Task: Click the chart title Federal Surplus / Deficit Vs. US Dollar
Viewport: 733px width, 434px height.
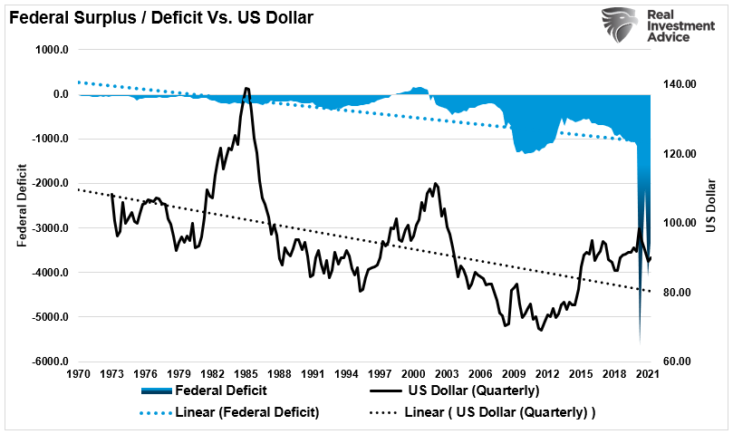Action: click(x=160, y=16)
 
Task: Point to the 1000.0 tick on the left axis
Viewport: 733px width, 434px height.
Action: click(x=52, y=50)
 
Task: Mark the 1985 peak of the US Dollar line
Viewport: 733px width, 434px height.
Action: click(x=246, y=88)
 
